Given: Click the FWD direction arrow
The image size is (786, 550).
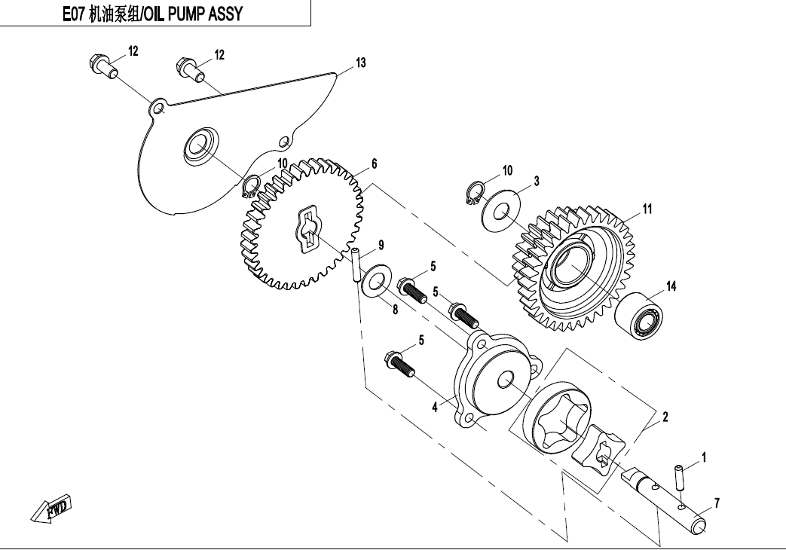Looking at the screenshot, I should [x=51, y=510].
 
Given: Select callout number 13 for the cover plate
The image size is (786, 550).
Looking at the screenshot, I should [x=361, y=63].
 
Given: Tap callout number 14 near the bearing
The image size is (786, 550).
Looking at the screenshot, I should [x=670, y=286].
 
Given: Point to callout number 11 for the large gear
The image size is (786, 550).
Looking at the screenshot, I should [x=647, y=209].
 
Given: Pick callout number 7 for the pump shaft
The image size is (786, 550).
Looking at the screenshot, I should [x=717, y=503].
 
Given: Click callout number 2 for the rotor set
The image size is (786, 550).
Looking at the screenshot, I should [x=665, y=416].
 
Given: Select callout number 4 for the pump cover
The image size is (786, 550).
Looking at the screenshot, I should [x=435, y=408].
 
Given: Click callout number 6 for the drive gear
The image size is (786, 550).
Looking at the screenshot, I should [x=374, y=163].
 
